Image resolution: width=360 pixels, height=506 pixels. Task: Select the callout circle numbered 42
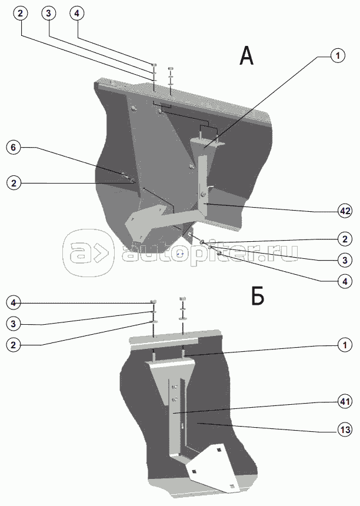pos(345,210)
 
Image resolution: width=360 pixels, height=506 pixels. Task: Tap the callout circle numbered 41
pos(345,402)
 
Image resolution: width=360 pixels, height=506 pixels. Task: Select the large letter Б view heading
pos(257,297)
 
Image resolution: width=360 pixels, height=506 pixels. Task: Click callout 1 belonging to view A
pos(336,56)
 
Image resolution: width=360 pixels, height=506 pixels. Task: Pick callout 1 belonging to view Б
pos(345,345)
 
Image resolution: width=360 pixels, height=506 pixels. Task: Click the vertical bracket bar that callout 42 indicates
pos(203,182)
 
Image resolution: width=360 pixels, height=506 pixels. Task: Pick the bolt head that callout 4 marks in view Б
pos(154,301)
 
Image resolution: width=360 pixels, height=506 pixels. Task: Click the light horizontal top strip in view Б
pos(165,341)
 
